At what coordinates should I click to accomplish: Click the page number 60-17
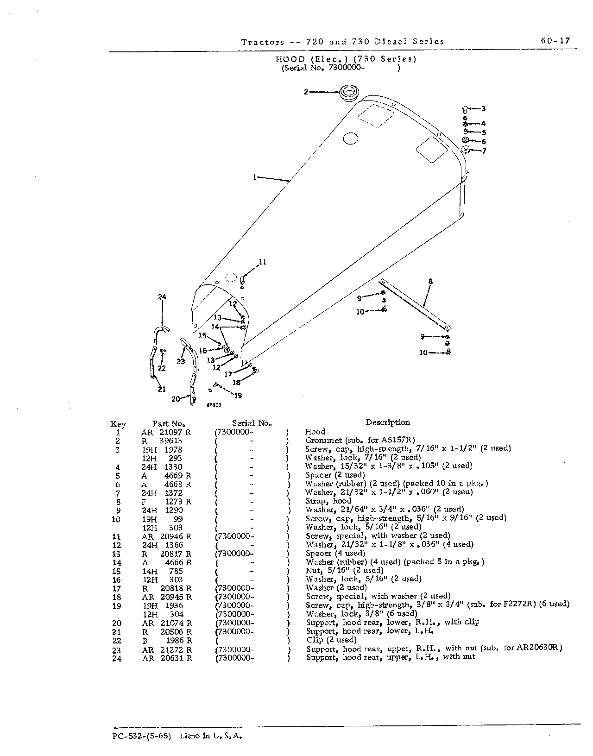pyautogui.click(x=555, y=41)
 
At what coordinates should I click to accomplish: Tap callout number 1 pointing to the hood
pyautogui.click(x=255, y=177)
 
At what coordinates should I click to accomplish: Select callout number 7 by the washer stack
pyautogui.click(x=484, y=151)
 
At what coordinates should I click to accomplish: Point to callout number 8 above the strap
pyautogui.click(x=430, y=281)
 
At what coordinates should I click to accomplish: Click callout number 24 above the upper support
pyautogui.click(x=162, y=297)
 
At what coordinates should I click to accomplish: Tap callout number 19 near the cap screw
pyautogui.click(x=238, y=396)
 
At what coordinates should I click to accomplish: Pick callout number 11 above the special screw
pyautogui.click(x=263, y=262)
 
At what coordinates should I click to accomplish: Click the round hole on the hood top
pyautogui.click(x=350, y=139)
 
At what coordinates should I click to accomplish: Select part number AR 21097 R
pyautogui.click(x=166, y=433)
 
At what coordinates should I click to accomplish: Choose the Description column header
pyautogui.click(x=388, y=422)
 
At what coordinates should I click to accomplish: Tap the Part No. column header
pyautogui.click(x=169, y=424)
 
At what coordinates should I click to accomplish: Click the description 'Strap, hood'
pyautogui.click(x=328, y=501)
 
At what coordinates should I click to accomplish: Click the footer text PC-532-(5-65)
pyautogui.click(x=142, y=736)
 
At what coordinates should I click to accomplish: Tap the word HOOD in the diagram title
pyautogui.click(x=290, y=59)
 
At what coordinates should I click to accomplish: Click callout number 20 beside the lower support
pyautogui.click(x=176, y=399)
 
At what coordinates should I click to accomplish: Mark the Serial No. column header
pyautogui.click(x=252, y=423)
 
